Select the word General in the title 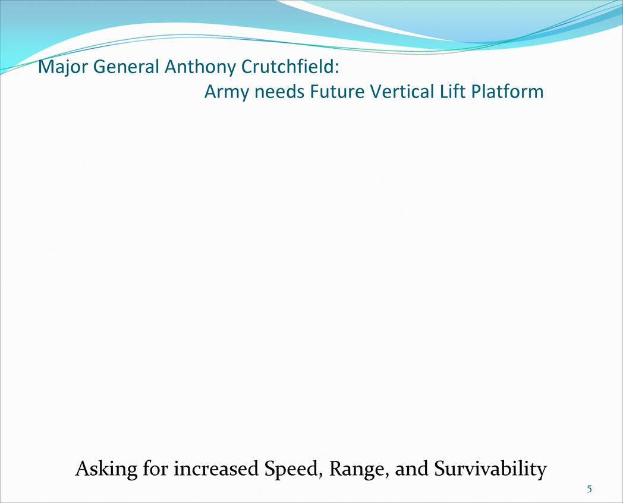click(126, 67)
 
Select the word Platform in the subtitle click(508, 92)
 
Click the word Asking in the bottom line click(106, 469)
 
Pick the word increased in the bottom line click(216, 469)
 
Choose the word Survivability click(490, 469)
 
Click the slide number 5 click(589, 489)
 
